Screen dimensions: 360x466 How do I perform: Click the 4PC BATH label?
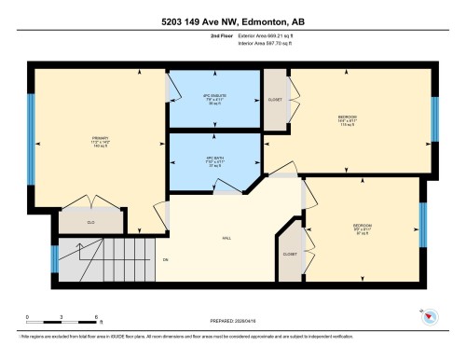pos(212,160)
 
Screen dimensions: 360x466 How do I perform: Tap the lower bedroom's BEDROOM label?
pos(362,227)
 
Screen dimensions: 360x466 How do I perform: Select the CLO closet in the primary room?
pos(91,222)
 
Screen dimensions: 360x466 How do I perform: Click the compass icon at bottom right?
pos(430,317)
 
